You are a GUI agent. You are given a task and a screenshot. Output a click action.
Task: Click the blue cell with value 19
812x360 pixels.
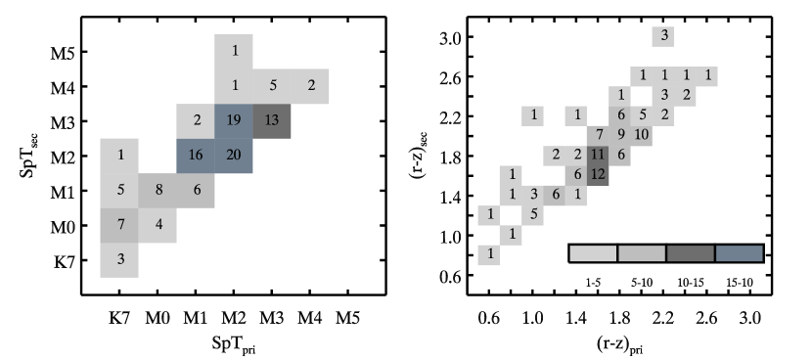[234, 120]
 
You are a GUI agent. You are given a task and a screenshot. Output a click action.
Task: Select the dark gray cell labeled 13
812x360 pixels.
[272, 120]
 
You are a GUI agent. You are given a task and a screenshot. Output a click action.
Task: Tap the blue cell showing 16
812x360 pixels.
[196, 156]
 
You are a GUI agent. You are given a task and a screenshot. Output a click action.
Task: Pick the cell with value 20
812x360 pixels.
[234, 156]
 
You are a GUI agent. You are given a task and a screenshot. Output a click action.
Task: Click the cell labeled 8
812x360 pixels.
[158, 190]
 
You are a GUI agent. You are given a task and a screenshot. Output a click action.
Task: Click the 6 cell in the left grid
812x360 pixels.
[196, 190]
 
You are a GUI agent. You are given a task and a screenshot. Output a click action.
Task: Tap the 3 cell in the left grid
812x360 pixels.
[119, 260]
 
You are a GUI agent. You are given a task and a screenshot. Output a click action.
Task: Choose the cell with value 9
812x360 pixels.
[620, 135]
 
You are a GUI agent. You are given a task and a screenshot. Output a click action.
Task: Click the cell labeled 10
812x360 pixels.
[642, 135]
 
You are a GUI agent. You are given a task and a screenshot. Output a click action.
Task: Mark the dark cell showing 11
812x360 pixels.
[598, 155]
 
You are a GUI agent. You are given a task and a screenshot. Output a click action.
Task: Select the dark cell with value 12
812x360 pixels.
[598, 174]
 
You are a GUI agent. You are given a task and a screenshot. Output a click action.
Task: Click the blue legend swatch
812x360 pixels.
[739, 253]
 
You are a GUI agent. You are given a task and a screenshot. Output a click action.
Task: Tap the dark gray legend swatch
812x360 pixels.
[690, 253]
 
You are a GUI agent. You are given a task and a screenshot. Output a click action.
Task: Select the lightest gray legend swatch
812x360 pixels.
[593, 253]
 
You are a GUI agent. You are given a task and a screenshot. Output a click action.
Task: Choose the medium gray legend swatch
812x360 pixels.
[642, 253]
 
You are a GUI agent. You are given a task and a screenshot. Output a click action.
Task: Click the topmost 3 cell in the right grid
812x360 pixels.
[663, 36]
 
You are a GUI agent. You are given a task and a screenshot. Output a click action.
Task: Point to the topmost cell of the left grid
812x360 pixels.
[234, 51]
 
